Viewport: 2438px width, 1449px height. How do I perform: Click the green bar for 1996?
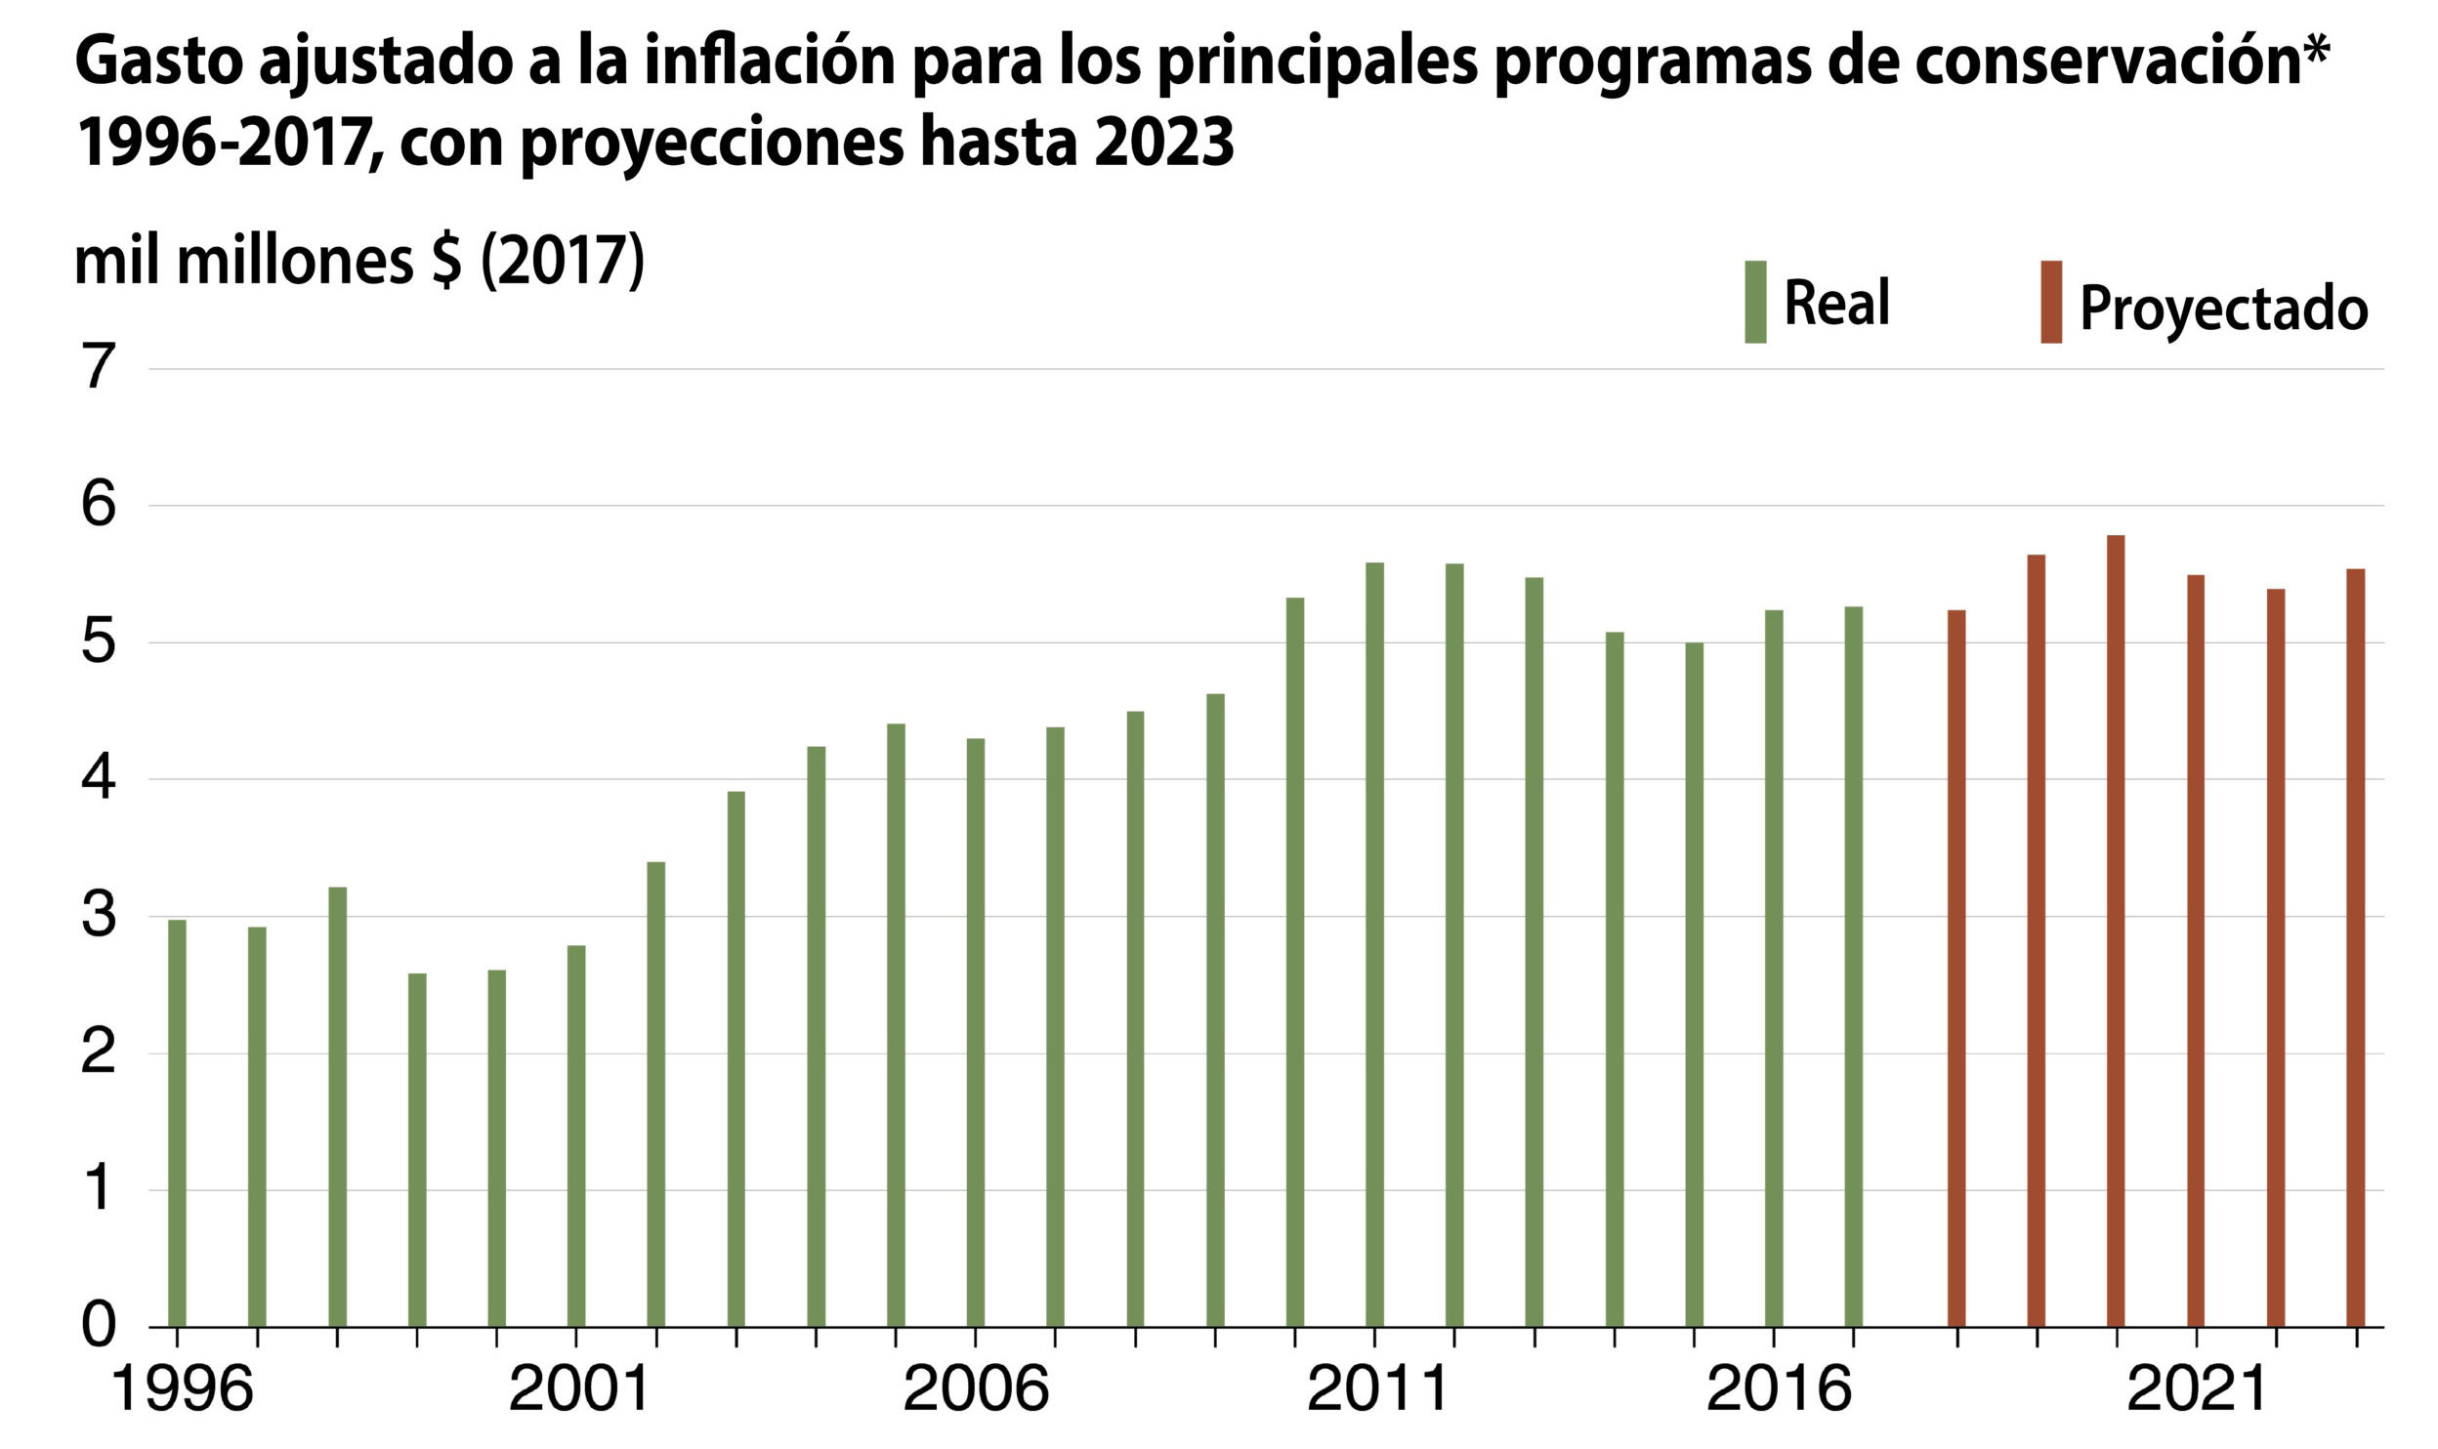pyautogui.click(x=177, y=1123)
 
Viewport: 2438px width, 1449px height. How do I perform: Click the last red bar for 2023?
pyautogui.click(x=2356, y=947)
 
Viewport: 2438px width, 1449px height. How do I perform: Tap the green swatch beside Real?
pyautogui.click(x=1755, y=302)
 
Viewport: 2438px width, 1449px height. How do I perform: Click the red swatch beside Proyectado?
pyautogui.click(x=2051, y=302)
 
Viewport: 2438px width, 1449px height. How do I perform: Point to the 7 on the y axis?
pyautogui.click(x=99, y=369)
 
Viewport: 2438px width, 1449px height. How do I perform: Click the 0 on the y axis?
pyautogui.click(x=99, y=1326)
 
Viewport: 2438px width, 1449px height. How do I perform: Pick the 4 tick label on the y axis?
pyautogui.click(x=99, y=779)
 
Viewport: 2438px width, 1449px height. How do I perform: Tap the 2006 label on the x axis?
pyautogui.click(x=976, y=1388)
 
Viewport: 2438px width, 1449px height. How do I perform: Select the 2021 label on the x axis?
pyautogui.click(x=2196, y=1388)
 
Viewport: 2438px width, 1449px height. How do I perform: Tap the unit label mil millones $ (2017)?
pyautogui.click(x=359, y=261)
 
